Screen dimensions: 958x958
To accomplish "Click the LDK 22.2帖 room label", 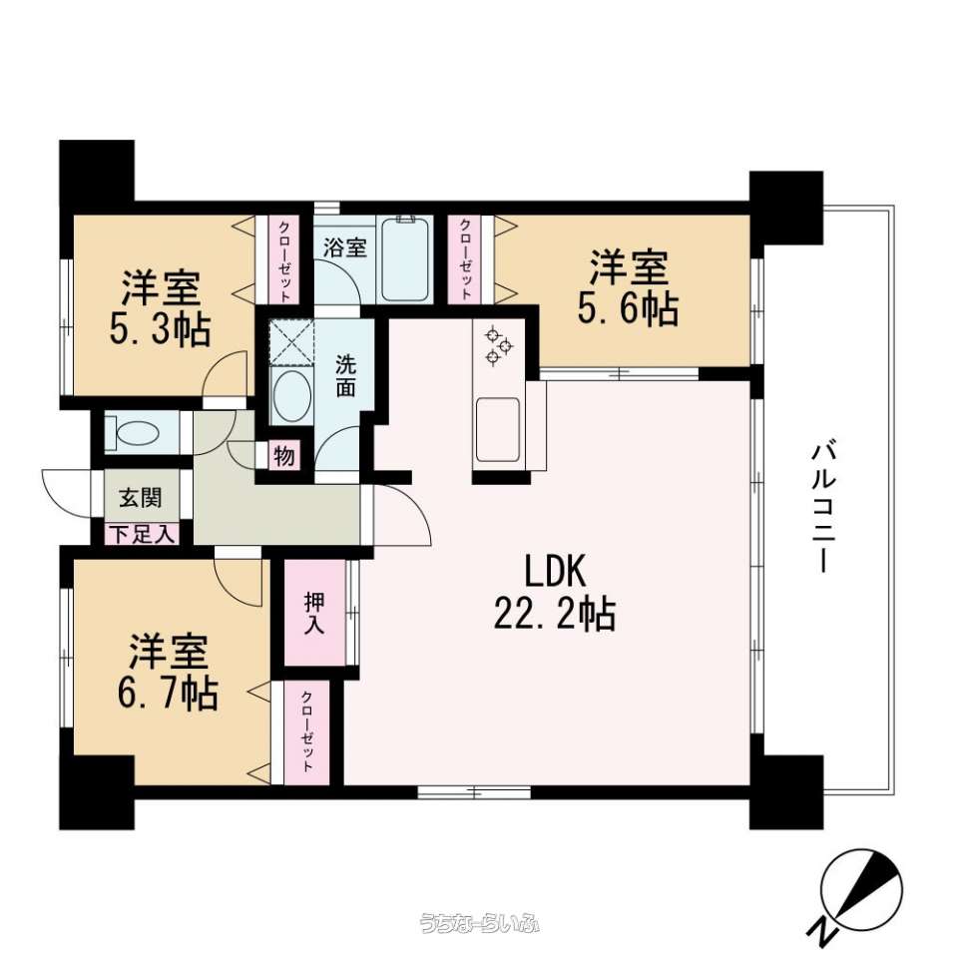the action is pos(555,593).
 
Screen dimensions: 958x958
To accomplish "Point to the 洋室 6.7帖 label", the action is pos(168,672).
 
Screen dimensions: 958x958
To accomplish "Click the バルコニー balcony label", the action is pos(823,507).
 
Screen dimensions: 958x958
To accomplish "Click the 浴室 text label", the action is pos(345,247).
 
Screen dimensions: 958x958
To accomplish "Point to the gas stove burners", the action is pos(499,346).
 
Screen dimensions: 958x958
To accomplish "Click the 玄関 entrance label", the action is pos(141,497).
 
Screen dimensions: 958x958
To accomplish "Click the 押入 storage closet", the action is pos(314,613).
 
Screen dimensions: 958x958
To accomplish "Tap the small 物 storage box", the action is pos(284,455).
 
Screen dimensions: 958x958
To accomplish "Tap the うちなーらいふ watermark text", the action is pos(479,922).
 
